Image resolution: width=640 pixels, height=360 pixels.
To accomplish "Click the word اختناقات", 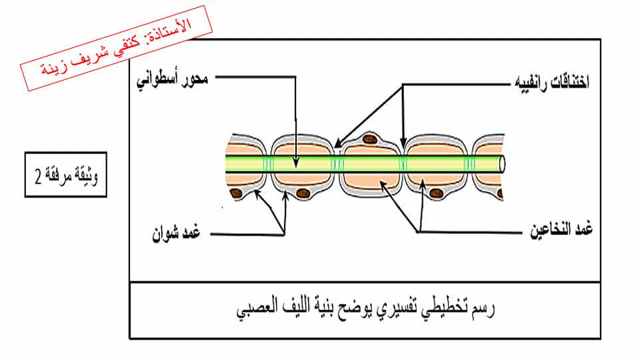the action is coord(570,83).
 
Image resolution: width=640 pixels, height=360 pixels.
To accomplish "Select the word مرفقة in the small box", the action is coord(57,176).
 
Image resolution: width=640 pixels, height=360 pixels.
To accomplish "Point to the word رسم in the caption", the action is coord(482,309).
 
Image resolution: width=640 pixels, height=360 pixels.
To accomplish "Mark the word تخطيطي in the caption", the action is coord(445,309).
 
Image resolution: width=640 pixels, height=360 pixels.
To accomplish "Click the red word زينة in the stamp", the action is coord(54,69).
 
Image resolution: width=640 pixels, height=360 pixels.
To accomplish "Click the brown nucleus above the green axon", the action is coord(370,139).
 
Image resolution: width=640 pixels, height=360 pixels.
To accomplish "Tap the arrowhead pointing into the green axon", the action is coord(296,163).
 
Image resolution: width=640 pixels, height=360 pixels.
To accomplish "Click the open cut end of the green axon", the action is coord(503,164).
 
